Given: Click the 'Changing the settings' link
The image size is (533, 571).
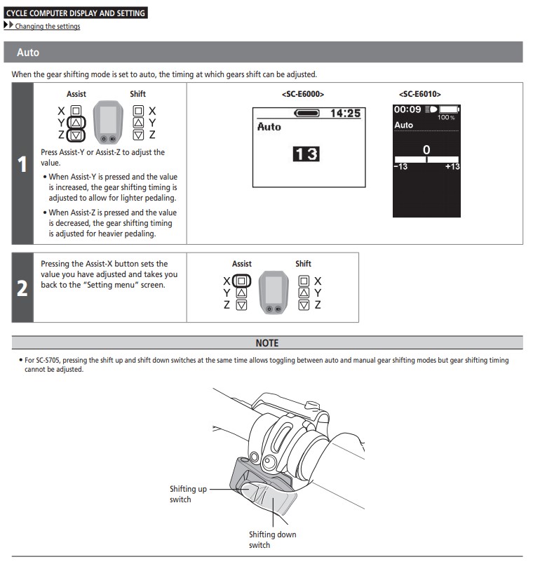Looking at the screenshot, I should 48,27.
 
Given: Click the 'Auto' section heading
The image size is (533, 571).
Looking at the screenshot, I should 28,53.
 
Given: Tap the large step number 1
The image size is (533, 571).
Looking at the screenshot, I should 22,165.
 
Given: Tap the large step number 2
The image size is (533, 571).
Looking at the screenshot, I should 22,288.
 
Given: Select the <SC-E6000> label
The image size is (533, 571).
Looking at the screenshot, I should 302,93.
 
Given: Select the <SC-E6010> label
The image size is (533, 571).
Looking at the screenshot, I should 419,93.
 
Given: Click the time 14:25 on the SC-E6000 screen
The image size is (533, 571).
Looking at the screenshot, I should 345,113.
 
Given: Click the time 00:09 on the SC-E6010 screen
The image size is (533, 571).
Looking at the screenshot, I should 406,110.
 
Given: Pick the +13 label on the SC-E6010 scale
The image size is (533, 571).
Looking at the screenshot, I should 452,166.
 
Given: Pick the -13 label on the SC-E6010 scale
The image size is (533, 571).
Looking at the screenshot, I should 400,166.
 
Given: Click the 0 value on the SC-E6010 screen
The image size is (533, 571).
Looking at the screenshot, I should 426,149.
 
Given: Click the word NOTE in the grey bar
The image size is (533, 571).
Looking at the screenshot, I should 266,343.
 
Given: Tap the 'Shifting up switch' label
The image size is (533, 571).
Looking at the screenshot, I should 188,494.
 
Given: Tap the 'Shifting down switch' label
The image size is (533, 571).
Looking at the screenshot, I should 272,539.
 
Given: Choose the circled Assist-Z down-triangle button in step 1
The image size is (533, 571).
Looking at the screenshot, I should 76,135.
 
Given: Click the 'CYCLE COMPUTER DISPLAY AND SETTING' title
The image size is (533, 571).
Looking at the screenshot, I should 76,13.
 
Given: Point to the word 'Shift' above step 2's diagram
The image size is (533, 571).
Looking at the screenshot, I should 303,264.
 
